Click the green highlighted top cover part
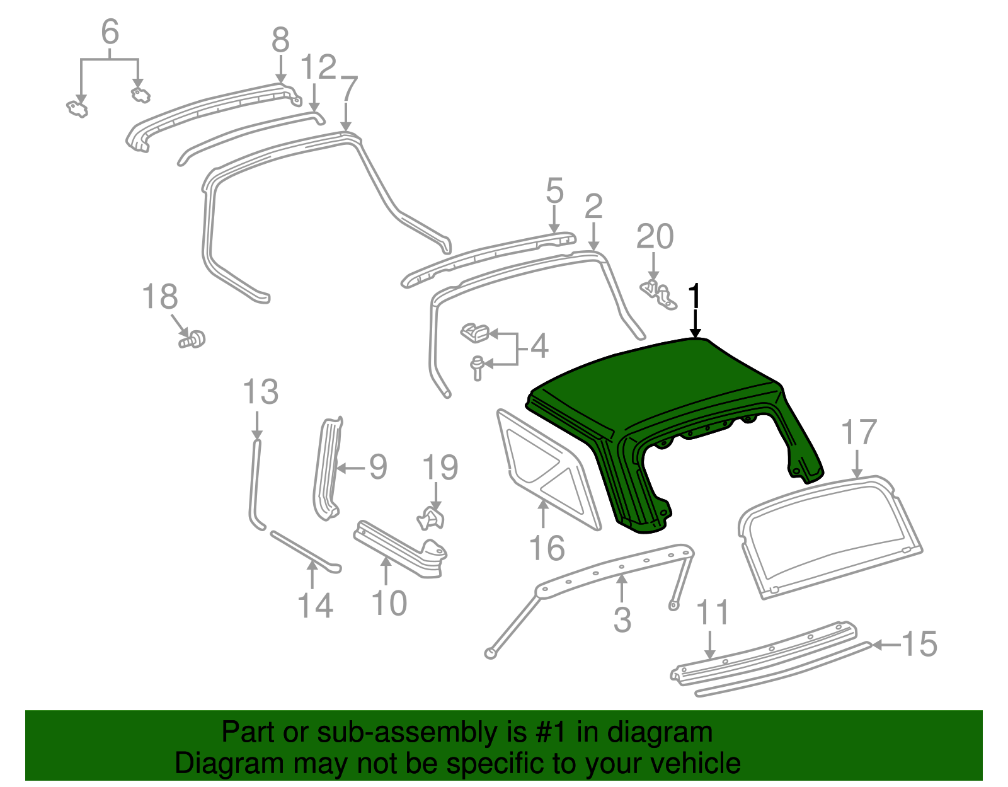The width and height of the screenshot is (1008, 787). coord(655,391)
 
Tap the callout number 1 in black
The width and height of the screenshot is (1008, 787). coord(694,296)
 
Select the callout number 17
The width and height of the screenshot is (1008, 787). coord(859,433)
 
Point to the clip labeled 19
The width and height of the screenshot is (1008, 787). coord(432,519)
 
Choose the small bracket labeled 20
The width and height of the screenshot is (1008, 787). coord(659,295)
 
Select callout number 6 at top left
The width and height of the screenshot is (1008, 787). coord(110,32)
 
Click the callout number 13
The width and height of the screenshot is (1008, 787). coord(260,392)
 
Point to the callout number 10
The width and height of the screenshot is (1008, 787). coord(389,603)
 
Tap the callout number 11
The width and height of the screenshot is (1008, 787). coord(713,612)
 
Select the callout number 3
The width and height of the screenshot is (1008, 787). coord(622,619)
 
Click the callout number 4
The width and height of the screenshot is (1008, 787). coord(539,346)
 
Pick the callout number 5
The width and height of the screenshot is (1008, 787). coord(554,191)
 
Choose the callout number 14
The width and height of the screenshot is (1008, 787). coord(315,606)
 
